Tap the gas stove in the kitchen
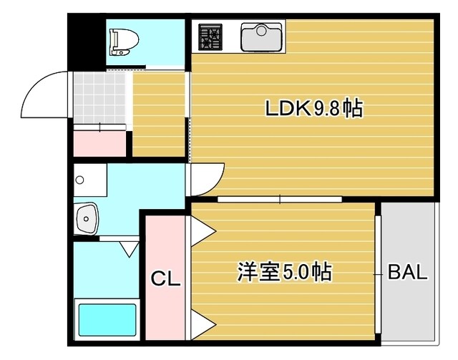(x=210, y=37)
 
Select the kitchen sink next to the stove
(x=262, y=37)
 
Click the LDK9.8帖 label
(x=313, y=109)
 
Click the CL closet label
(x=165, y=278)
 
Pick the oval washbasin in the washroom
(x=87, y=217)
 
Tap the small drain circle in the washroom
(x=80, y=179)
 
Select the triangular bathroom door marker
(x=130, y=249)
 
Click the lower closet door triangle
(x=201, y=324)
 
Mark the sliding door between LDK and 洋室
(x=279, y=199)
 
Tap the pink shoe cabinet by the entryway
(x=100, y=142)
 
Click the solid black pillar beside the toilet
(x=88, y=43)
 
